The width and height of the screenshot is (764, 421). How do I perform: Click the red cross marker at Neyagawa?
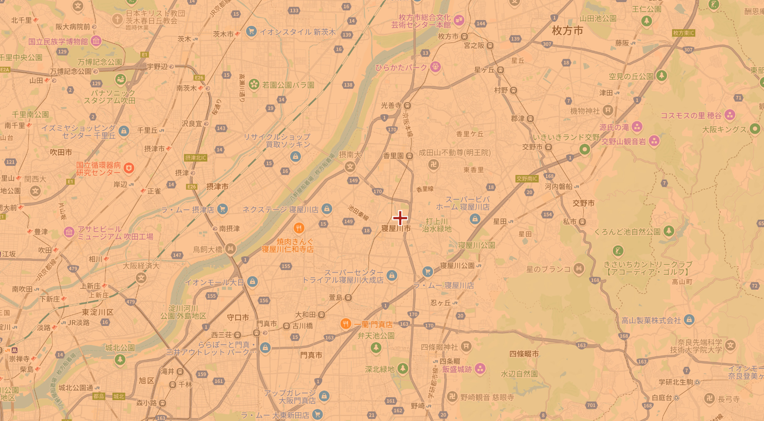click(400, 218)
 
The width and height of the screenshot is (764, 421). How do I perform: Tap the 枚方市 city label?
click(567, 30)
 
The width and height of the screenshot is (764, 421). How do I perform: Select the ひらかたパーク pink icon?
click(436, 67)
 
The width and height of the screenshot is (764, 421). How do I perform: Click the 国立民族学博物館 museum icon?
click(96, 41)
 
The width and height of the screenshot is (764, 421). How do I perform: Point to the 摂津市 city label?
click(217, 187)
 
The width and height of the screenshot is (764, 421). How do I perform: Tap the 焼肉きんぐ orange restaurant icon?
click(299, 228)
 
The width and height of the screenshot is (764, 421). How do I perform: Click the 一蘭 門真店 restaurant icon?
click(345, 324)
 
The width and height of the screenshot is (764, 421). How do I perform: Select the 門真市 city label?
click(311, 355)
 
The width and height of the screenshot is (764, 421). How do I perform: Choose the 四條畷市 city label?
click(524, 354)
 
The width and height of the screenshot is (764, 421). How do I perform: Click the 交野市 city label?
click(583, 203)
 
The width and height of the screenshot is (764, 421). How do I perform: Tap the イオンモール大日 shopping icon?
click(252, 282)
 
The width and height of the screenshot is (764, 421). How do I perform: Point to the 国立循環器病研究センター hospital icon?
click(129, 168)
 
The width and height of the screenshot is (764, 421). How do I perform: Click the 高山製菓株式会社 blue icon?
click(689, 320)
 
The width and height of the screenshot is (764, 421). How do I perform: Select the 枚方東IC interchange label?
click(684, 33)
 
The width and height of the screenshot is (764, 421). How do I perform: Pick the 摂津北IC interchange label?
click(196, 158)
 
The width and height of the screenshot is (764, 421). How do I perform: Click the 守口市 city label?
click(238, 318)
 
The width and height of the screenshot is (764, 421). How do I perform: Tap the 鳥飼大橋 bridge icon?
click(230, 249)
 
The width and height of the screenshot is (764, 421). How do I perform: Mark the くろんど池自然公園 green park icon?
click(669, 231)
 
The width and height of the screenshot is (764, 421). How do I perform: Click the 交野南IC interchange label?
click(527, 179)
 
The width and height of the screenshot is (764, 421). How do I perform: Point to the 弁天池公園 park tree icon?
click(376, 347)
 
